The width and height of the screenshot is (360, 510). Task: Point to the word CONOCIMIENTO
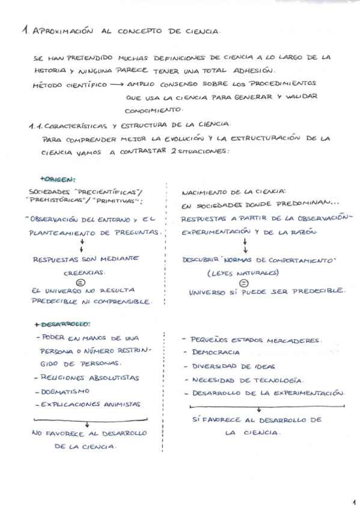153,110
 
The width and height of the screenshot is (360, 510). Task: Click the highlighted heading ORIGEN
59,179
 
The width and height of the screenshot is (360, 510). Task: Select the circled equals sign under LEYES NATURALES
244,283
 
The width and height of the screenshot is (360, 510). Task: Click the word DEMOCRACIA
216,352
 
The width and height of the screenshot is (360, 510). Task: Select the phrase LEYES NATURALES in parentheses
243,272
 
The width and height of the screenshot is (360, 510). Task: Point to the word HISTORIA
50,71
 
